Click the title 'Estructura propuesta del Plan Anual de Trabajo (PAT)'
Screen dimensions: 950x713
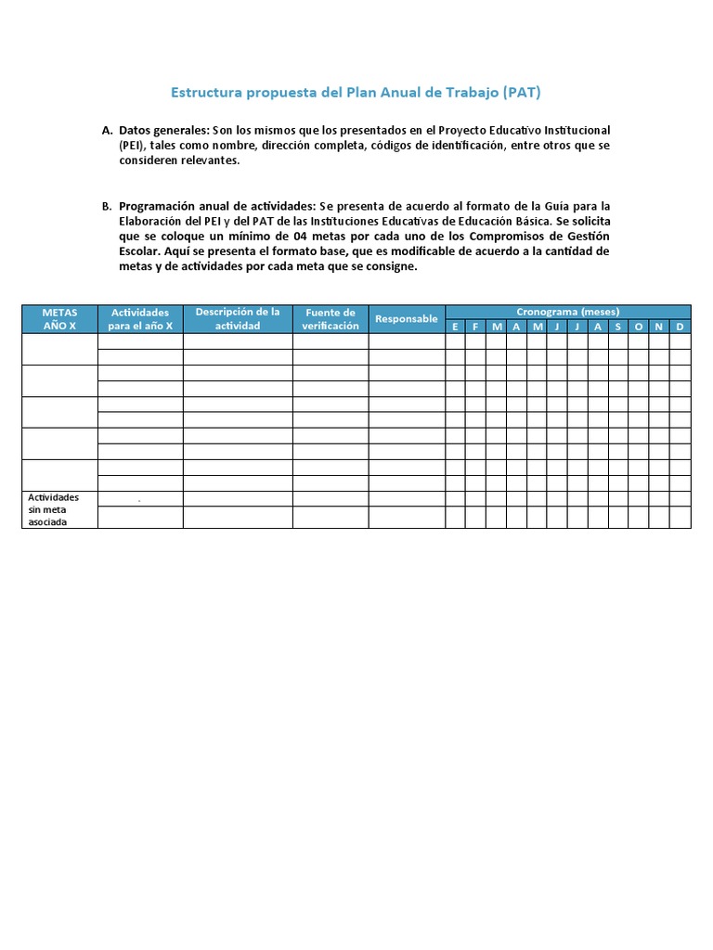point(356,93)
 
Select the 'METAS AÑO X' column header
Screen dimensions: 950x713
point(59,319)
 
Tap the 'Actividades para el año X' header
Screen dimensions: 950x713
point(140,319)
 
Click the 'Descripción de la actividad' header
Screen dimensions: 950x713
point(238,319)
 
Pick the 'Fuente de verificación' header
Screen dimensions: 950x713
point(331,319)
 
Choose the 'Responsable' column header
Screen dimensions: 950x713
point(407,319)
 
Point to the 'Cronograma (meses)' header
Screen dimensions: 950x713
point(567,312)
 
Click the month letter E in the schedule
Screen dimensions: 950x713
point(455,327)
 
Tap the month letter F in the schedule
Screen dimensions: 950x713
point(475,327)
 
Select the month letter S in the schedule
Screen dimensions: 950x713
point(618,327)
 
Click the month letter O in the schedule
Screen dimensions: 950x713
point(639,327)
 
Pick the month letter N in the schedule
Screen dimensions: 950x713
point(659,327)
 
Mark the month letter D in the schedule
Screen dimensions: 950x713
point(681,327)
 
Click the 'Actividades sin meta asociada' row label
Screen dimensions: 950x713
point(54,509)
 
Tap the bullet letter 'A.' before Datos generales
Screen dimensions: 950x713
point(107,130)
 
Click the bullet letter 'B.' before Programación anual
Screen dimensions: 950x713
point(107,206)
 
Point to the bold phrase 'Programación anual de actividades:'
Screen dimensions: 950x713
point(217,206)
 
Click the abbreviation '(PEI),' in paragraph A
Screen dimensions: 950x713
point(134,146)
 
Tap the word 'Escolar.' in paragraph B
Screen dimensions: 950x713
point(140,251)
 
